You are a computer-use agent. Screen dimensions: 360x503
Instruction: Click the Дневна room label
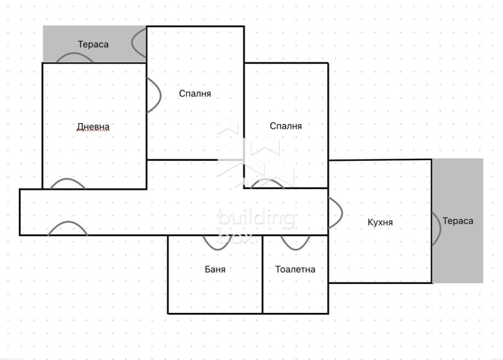point(93,127)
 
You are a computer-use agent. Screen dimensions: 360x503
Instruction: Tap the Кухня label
point(380,222)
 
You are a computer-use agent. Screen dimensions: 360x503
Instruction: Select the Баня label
point(215,269)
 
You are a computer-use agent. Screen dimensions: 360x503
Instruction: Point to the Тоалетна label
point(296,269)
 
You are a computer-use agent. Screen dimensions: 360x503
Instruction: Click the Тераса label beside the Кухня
point(458,221)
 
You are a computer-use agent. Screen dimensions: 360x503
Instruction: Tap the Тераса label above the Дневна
point(93,44)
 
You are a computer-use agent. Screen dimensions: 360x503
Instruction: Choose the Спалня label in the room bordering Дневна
point(195,94)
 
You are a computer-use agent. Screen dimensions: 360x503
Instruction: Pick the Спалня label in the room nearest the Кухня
point(286,126)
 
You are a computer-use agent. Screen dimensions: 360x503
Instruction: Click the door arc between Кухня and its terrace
point(435,227)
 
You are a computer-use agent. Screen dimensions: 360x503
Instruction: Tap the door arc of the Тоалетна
point(295,241)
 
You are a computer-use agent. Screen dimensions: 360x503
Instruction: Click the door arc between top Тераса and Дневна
point(75,57)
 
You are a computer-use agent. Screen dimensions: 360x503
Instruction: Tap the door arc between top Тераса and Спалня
point(138,42)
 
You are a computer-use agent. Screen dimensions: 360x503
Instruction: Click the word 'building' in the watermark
point(256,219)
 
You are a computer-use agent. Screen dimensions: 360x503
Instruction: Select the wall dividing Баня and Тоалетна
point(262,274)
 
